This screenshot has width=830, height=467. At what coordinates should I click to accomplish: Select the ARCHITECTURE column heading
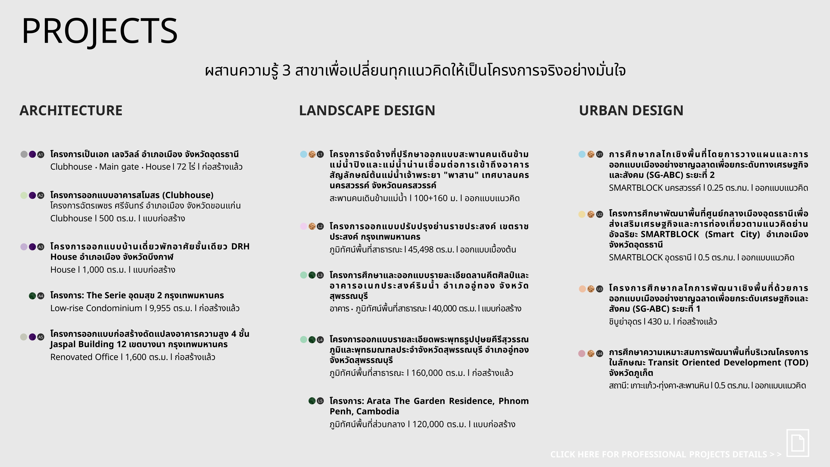pos(71,111)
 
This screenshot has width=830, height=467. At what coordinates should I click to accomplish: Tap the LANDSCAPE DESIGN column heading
pos(367,111)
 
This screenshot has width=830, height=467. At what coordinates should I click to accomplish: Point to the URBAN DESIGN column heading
pos(631,111)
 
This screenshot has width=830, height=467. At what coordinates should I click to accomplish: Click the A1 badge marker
pos(41,155)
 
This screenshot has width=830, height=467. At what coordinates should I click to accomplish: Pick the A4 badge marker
pos(41,296)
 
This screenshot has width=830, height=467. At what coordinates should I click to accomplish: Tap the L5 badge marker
pos(320,401)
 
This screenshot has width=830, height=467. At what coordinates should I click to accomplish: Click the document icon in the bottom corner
pos(798,443)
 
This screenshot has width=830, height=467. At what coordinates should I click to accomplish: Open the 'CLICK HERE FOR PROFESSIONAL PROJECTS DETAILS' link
pos(666,454)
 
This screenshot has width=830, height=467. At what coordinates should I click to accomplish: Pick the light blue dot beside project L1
pos(303,154)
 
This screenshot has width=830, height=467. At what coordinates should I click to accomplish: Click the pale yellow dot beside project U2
pos(582,214)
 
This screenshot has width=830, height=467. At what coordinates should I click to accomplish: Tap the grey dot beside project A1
pos(24,154)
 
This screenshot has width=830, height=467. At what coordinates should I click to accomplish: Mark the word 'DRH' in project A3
pos(240,247)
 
